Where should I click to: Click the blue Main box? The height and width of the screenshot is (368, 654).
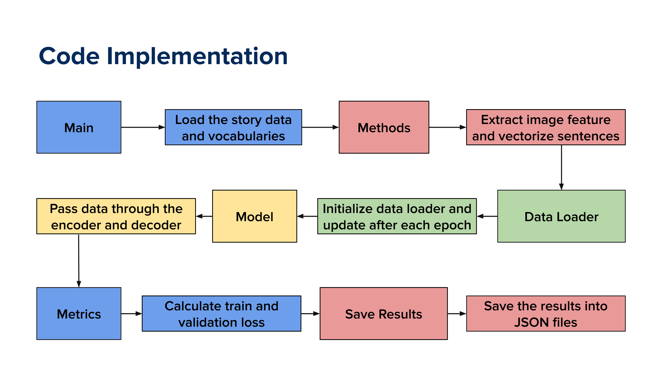79,127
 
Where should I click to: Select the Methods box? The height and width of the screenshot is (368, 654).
384,127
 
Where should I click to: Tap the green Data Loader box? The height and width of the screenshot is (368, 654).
561,216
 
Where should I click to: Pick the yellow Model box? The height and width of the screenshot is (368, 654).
255,216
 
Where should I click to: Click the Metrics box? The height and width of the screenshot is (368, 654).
79,314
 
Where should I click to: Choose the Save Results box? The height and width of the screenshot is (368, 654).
384,314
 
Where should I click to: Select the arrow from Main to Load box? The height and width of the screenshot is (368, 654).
143,127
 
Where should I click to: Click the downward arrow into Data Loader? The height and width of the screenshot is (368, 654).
561,168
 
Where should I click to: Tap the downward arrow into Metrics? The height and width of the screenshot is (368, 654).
79,261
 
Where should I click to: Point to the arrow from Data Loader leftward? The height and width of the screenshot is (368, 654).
487,216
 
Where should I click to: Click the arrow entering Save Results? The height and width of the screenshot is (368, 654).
311,314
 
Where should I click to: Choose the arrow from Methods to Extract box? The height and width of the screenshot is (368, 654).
448,127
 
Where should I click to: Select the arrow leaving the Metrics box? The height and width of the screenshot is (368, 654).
132,314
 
